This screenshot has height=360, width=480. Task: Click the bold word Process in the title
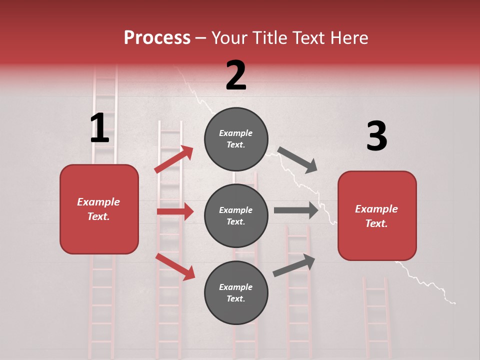click(x=157, y=38)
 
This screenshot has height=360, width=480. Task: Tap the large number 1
click(x=99, y=128)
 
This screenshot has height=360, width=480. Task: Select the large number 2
click(x=236, y=75)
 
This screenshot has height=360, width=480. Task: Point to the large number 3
click(x=376, y=136)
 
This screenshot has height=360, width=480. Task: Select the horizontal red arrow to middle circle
click(x=175, y=211)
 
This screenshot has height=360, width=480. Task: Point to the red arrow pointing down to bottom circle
click(x=175, y=266)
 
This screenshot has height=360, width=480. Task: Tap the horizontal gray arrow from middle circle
click(x=296, y=210)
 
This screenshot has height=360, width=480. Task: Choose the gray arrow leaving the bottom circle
click(x=294, y=265)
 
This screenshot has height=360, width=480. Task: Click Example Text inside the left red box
click(x=98, y=209)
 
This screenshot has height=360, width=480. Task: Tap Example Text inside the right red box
click(x=376, y=216)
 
